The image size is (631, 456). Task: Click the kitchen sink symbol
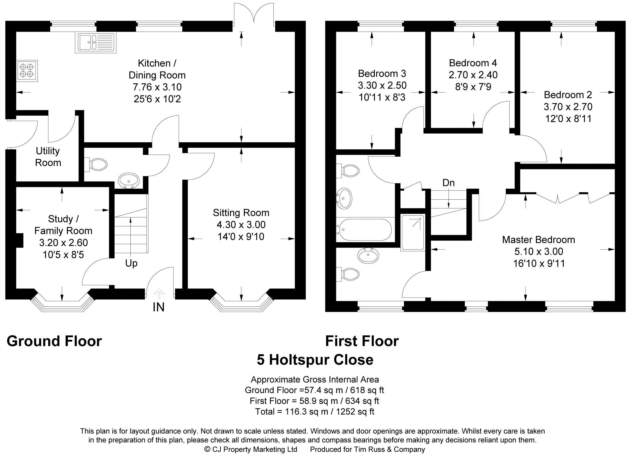(x=95, y=43)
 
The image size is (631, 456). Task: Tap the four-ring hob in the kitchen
(x=27, y=71)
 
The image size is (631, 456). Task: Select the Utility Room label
(x=48, y=157)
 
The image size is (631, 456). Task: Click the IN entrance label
(x=159, y=307)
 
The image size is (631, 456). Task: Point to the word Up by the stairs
(x=131, y=263)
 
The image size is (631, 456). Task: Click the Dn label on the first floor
(x=448, y=183)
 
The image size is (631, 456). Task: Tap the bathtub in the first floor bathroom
(x=364, y=230)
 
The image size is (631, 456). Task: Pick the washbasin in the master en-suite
(x=368, y=255)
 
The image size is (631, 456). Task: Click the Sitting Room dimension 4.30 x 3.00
(x=241, y=224)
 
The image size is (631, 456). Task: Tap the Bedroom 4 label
(x=473, y=63)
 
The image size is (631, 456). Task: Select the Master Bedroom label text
(x=538, y=239)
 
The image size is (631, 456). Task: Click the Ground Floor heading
(x=54, y=341)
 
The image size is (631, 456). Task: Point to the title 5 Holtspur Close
(x=315, y=360)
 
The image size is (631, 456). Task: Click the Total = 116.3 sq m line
(x=315, y=411)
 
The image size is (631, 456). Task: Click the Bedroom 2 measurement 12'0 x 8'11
(x=568, y=119)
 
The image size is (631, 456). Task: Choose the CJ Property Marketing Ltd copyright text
(x=251, y=449)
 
